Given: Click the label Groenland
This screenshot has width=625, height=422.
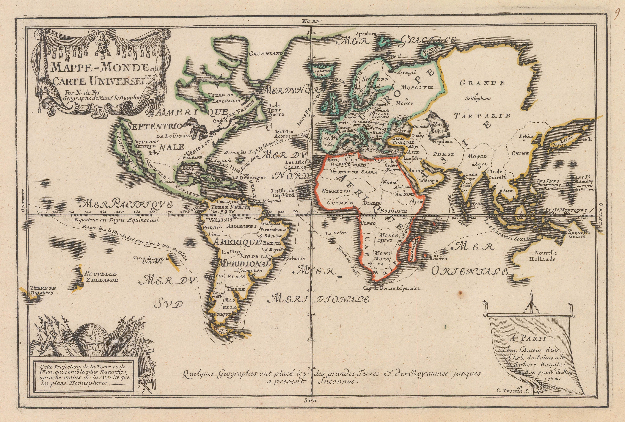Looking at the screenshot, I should pos(266,53).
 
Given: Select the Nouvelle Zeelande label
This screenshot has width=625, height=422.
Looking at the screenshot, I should pos(101,277).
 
